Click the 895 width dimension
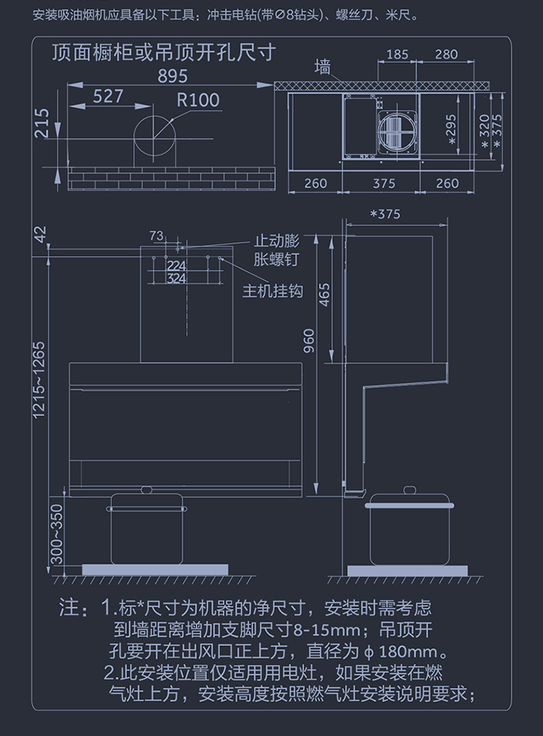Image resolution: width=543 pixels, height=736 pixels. [172, 75]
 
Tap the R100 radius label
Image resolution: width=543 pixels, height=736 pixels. [198, 100]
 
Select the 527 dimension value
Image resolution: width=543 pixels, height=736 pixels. [108, 96]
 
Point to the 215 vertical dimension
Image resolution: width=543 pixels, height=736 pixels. [42, 124]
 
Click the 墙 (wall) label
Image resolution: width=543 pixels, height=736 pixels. [322, 68]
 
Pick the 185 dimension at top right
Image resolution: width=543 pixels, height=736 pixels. [397, 54]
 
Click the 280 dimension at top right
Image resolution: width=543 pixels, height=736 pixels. [447, 54]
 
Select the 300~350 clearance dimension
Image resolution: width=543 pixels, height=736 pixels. [56, 534]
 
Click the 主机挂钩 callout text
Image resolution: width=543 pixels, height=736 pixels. [272, 291]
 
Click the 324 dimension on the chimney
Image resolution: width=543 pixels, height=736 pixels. [177, 278]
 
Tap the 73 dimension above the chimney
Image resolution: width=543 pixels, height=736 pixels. [156, 235]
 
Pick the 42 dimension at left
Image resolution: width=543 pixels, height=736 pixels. [40, 235]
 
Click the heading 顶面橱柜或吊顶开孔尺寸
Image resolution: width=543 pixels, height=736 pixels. [163, 52]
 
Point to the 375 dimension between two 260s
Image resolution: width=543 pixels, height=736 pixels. [384, 184]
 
